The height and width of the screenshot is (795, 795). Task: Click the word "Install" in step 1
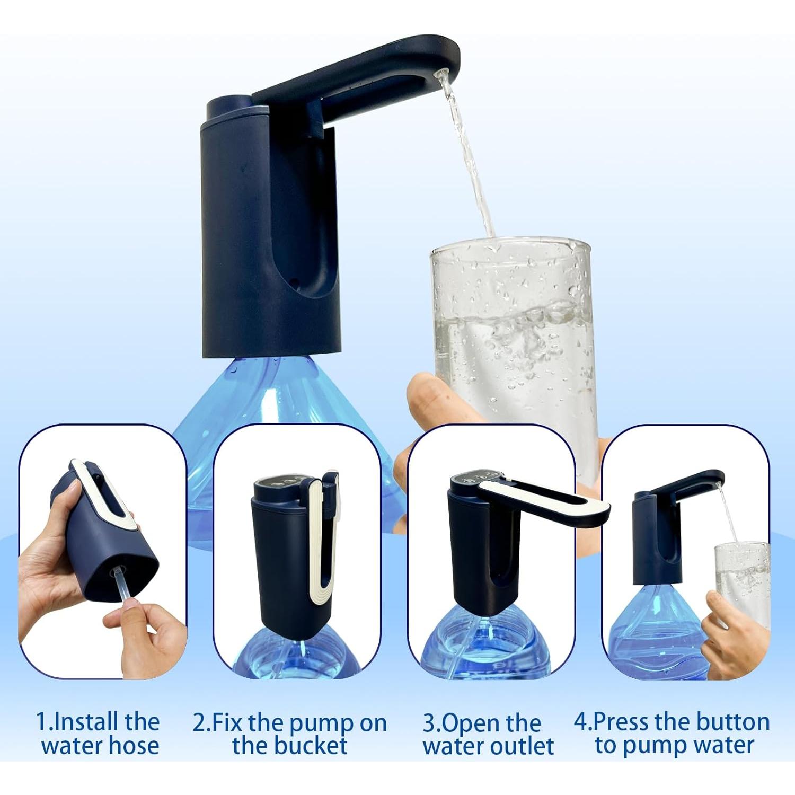tap(85, 722)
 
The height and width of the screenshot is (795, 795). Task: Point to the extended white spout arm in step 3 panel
tap(562, 503)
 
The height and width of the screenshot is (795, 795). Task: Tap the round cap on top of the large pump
tap(228, 106)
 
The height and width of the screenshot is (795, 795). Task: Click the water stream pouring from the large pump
tap(469, 159)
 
